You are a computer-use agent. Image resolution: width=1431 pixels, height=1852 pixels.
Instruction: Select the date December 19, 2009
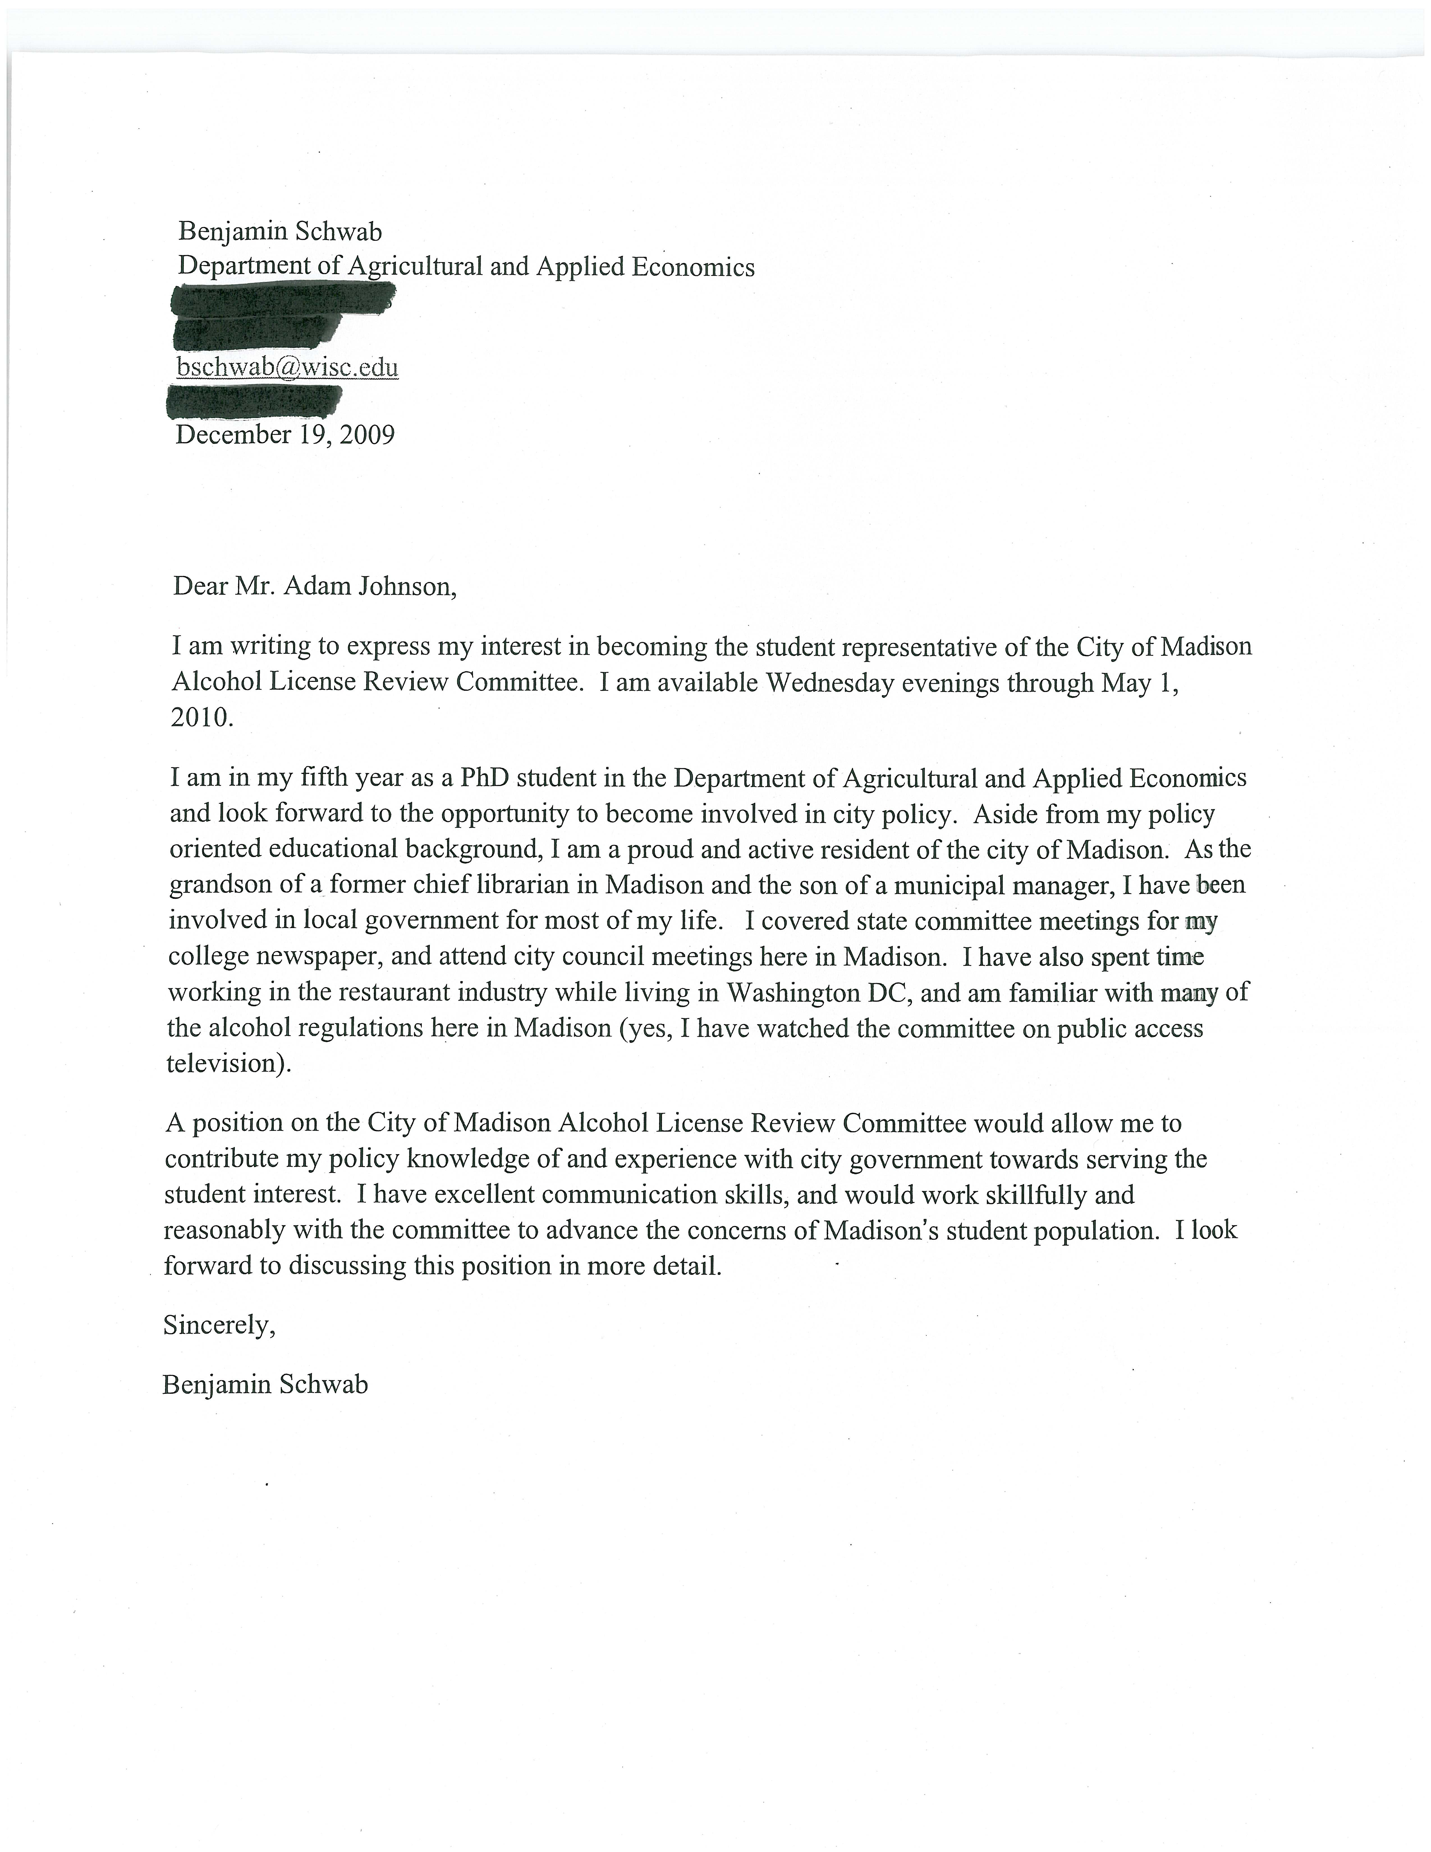tap(285, 435)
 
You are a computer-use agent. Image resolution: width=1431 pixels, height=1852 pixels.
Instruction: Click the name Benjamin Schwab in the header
tap(280, 231)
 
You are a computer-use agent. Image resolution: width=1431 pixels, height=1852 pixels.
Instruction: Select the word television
tap(226, 1063)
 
